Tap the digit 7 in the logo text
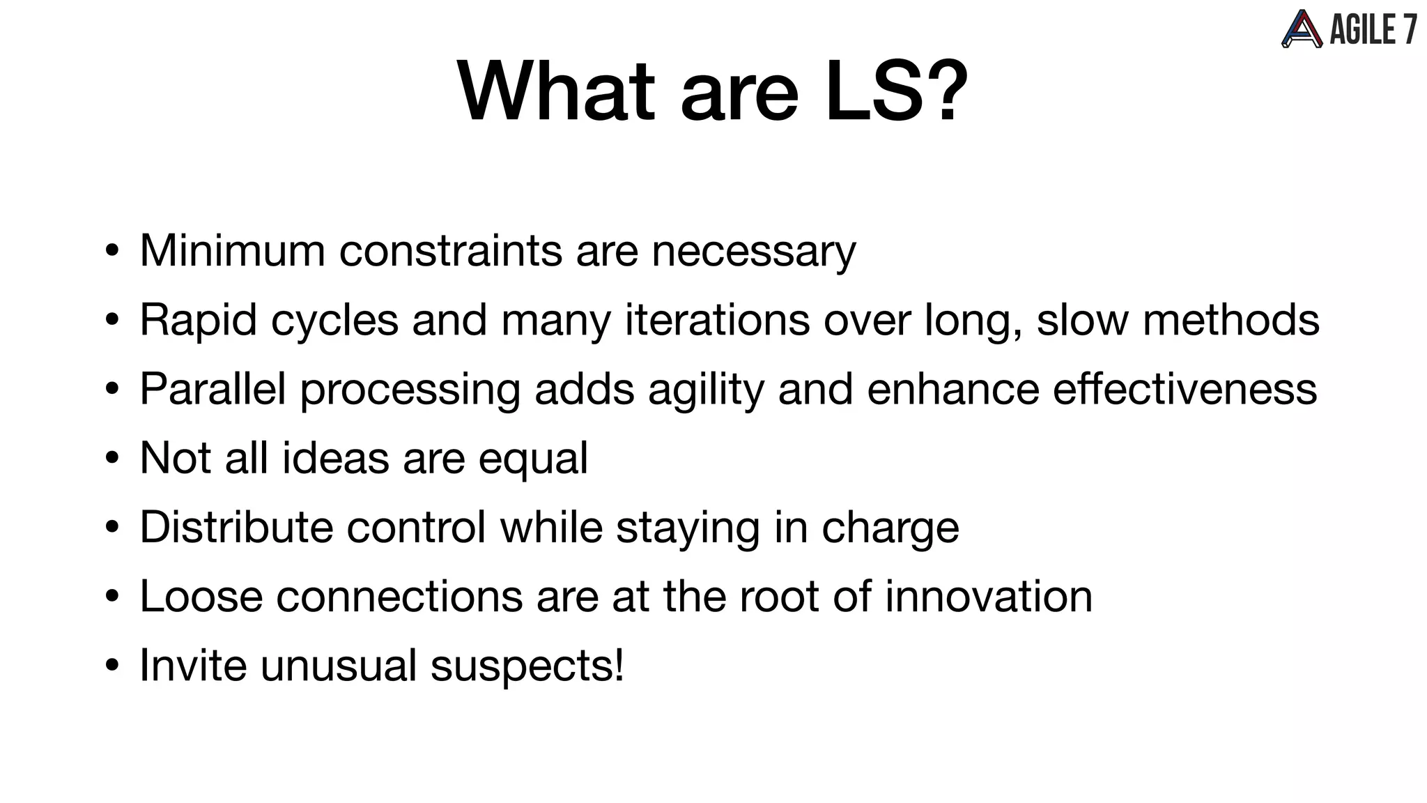point(1408,29)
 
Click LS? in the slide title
point(896,92)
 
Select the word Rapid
point(198,320)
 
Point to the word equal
point(533,459)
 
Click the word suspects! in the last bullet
point(527,666)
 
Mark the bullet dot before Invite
point(112,666)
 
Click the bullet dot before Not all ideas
point(112,459)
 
